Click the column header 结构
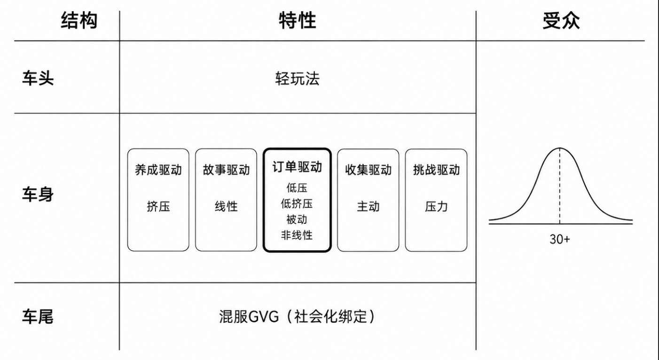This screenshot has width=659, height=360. point(79,21)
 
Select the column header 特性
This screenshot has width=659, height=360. point(298,21)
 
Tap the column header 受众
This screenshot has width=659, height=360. point(561,21)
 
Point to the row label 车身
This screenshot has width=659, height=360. point(38,195)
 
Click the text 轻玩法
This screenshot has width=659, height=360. point(298,78)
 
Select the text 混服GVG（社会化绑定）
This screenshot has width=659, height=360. point(298,316)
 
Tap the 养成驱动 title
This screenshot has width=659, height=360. point(158,170)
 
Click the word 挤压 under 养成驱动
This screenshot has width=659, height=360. point(158,206)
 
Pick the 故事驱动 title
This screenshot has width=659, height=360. point(226,170)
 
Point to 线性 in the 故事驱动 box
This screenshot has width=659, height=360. point(226,206)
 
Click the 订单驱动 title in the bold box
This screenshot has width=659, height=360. point(297,167)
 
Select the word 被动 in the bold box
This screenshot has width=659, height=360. point(297,219)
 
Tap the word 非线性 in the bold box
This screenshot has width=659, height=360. point(297,235)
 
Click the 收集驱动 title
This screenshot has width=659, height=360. point(369,170)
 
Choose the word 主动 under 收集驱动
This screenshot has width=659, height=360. point(369,206)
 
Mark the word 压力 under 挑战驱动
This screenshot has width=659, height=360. point(436,206)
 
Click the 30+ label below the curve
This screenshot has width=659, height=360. point(559,239)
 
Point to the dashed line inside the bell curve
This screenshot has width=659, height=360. point(559,186)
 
